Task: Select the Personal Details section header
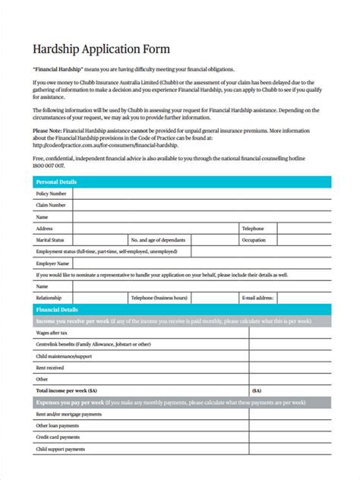pyautogui.click(x=57, y=182)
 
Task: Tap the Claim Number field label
pyautogui.click(x=51, y=205)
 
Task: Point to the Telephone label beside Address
pyautogui.click(x=253, y=228)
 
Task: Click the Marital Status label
pyautogui.click(x=50, y=239)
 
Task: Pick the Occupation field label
pyautogui.click(x=254, y=239)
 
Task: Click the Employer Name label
pyautogui.click(x=53, y=263)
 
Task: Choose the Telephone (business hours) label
pyautogui.click(x=159, y=298)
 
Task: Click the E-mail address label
pyautogui.click(x=257, y=298)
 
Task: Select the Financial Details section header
pyautogui.click(x=57, y=310)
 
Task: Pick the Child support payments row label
pyautogui.click(x=61, y=449)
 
